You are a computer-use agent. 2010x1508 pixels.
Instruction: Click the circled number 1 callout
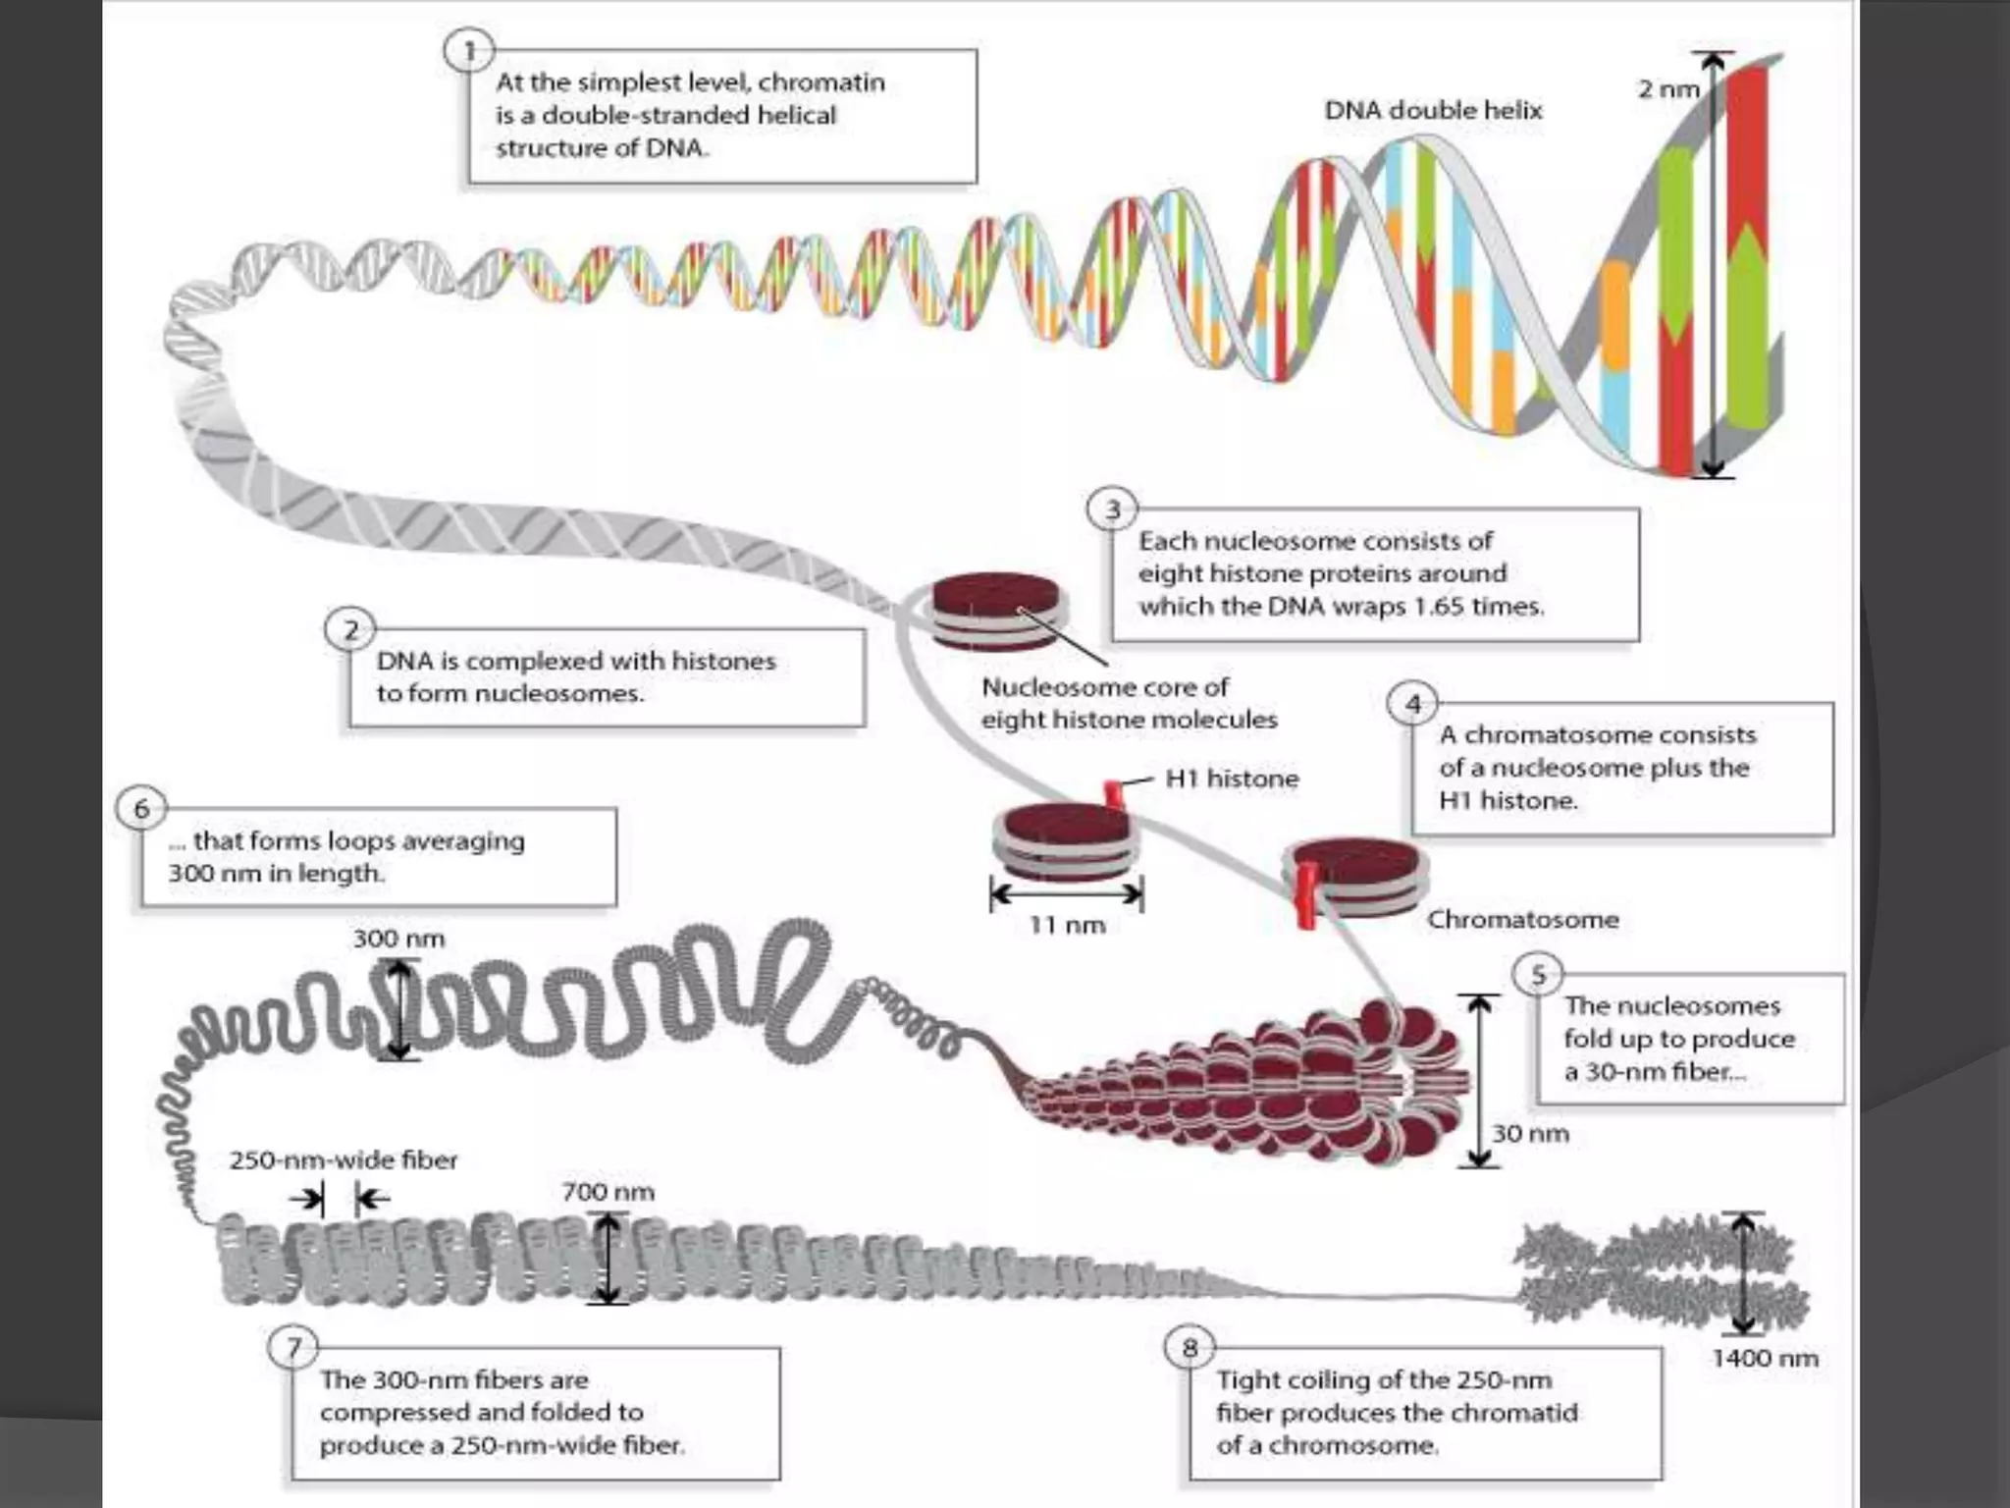[x=469, y=51]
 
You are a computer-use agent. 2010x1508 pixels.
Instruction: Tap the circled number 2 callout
[x=350, y=629]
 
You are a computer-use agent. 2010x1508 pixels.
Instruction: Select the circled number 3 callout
[x=1112, y=510]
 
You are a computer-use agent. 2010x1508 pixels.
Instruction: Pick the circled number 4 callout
[x=1412, y=704]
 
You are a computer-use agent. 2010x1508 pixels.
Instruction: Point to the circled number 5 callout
[x=1538, y=975]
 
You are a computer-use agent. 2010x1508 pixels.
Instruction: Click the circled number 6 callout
[x=141, y=808]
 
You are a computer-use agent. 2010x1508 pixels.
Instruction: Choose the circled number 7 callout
[x=293, y=1348]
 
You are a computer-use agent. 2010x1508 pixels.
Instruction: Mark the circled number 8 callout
[x=1190, y=1348]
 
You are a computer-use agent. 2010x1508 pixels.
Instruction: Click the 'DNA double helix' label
[x=1433, y=110]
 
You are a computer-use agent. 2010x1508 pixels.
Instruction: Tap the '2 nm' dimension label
[x=1667, y=89]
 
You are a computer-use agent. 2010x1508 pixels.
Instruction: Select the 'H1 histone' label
[x=1232, y=779]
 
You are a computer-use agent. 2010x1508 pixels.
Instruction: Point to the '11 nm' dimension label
[x=1067, y=925]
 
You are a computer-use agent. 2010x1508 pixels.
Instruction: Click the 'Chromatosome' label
[x=1522, y=920]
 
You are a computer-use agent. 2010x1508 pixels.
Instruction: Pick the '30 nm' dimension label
[x=1530, y=1133]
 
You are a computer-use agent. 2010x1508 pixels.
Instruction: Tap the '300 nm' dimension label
[x=398, y=939]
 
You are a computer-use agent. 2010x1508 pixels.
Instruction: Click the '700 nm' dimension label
[x=608, y=1192]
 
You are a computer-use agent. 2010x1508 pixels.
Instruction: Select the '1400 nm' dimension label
[x=1765, y=1358]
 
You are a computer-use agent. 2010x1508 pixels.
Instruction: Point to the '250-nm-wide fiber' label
[x=344, y=1159]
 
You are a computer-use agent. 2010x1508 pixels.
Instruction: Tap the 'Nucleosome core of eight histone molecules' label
[x=1129, y=703]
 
